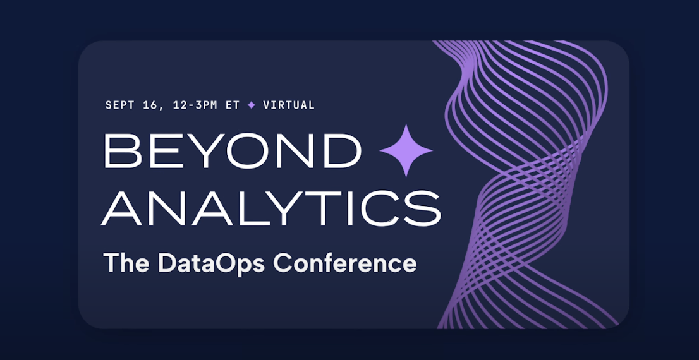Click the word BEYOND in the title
tap(232, 150)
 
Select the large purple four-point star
tap(406, 150)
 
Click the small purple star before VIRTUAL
tap(252, 105)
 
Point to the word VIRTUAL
tap(289, 105)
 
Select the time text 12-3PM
tap(193, 105)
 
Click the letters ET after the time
tap(233, 105)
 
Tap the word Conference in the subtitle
tap(345, 263)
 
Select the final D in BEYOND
tap(343, 150)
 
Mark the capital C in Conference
tap(283, 263)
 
